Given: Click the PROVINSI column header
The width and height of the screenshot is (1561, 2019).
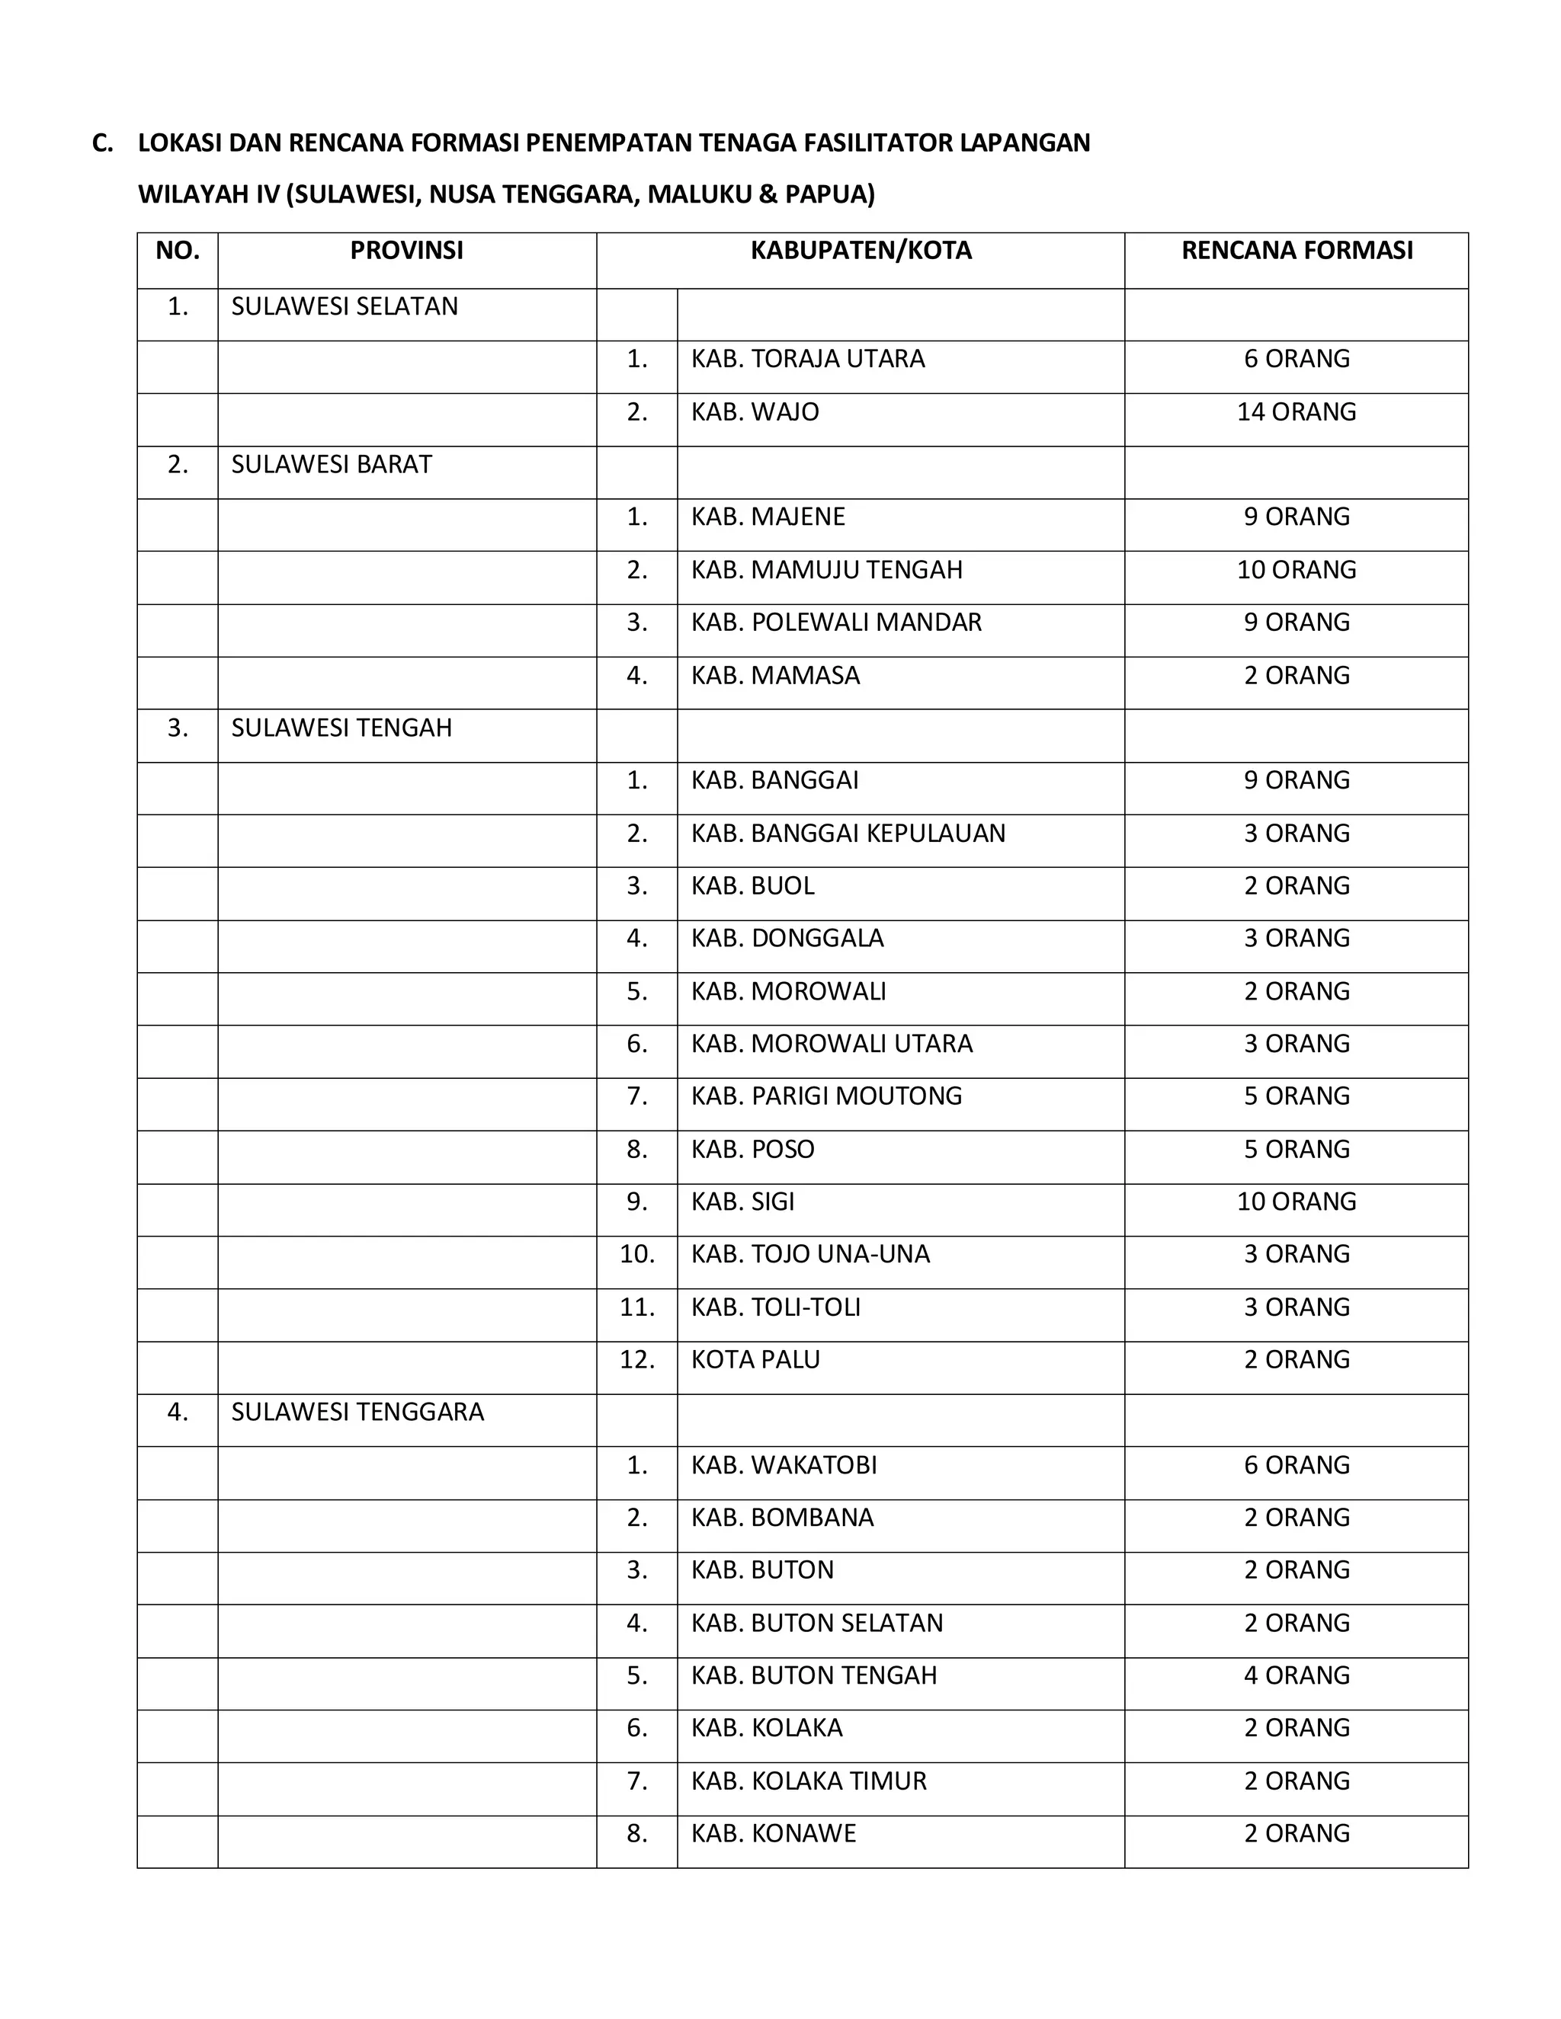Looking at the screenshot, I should click(406, 251).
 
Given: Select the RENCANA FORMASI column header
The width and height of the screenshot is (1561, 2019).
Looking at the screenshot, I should click(1297, 251).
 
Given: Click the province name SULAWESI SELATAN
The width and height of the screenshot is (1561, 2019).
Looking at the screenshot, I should click(344, 307).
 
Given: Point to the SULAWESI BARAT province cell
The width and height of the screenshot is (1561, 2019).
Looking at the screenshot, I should click(331, 464).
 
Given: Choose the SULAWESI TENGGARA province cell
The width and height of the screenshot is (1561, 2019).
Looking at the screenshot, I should click(357, 1412).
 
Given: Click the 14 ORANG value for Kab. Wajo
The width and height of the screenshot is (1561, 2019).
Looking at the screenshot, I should click(1297, 411).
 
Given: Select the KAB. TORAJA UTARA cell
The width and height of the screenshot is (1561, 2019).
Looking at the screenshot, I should click(807, 359).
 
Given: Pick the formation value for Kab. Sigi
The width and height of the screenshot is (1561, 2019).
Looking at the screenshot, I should click(1297, 1201).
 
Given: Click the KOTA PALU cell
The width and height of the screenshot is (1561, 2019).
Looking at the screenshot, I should click(755, 1359).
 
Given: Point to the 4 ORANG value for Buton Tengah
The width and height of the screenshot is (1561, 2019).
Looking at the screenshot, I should click(1297, 1675).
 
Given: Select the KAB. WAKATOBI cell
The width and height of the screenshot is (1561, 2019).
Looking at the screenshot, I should click(784, 1464).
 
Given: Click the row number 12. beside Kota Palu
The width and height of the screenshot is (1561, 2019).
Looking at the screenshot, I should click(636, 1359).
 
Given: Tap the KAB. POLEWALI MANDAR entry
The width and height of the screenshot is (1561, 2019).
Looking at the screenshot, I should click(836, 622).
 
